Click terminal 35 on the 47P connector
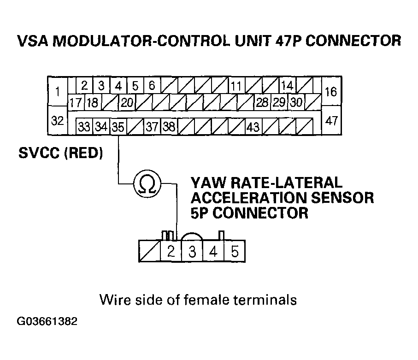118,127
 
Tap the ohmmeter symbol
147,183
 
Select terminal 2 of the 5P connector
171,251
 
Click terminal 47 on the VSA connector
331,120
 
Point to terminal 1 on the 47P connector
58,91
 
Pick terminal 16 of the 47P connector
331,91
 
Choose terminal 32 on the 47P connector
58,120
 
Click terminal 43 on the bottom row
253,127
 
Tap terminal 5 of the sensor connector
235,251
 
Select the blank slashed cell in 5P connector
150,251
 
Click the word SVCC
39,153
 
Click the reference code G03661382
47,321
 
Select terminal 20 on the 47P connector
127,102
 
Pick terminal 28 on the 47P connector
262,102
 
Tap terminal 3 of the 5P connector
192,251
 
